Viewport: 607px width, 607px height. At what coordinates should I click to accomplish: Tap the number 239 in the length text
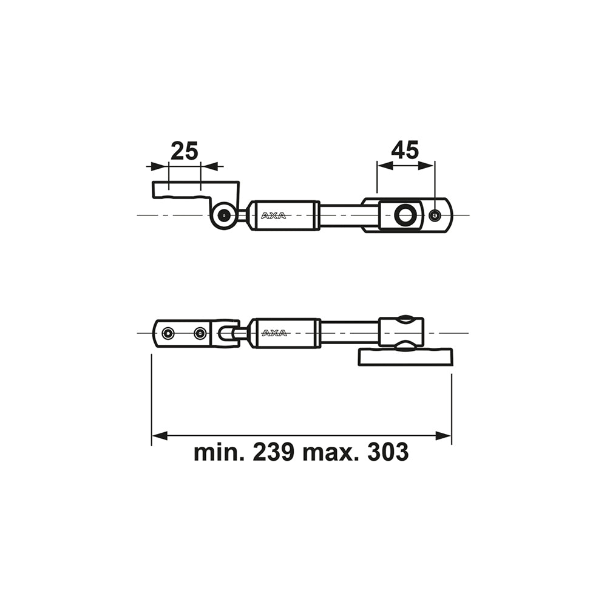(x=273, y=452)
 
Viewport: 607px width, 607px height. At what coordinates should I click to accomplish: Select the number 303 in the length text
(x=388, y=452)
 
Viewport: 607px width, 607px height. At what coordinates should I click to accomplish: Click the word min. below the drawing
(x=219, y=452)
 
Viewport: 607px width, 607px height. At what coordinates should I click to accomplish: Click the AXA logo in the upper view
(x=274, y=215)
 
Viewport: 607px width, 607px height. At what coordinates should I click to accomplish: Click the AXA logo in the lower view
(x=274, y=333)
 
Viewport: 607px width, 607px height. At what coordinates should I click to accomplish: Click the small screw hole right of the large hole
(x=435, y=215)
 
